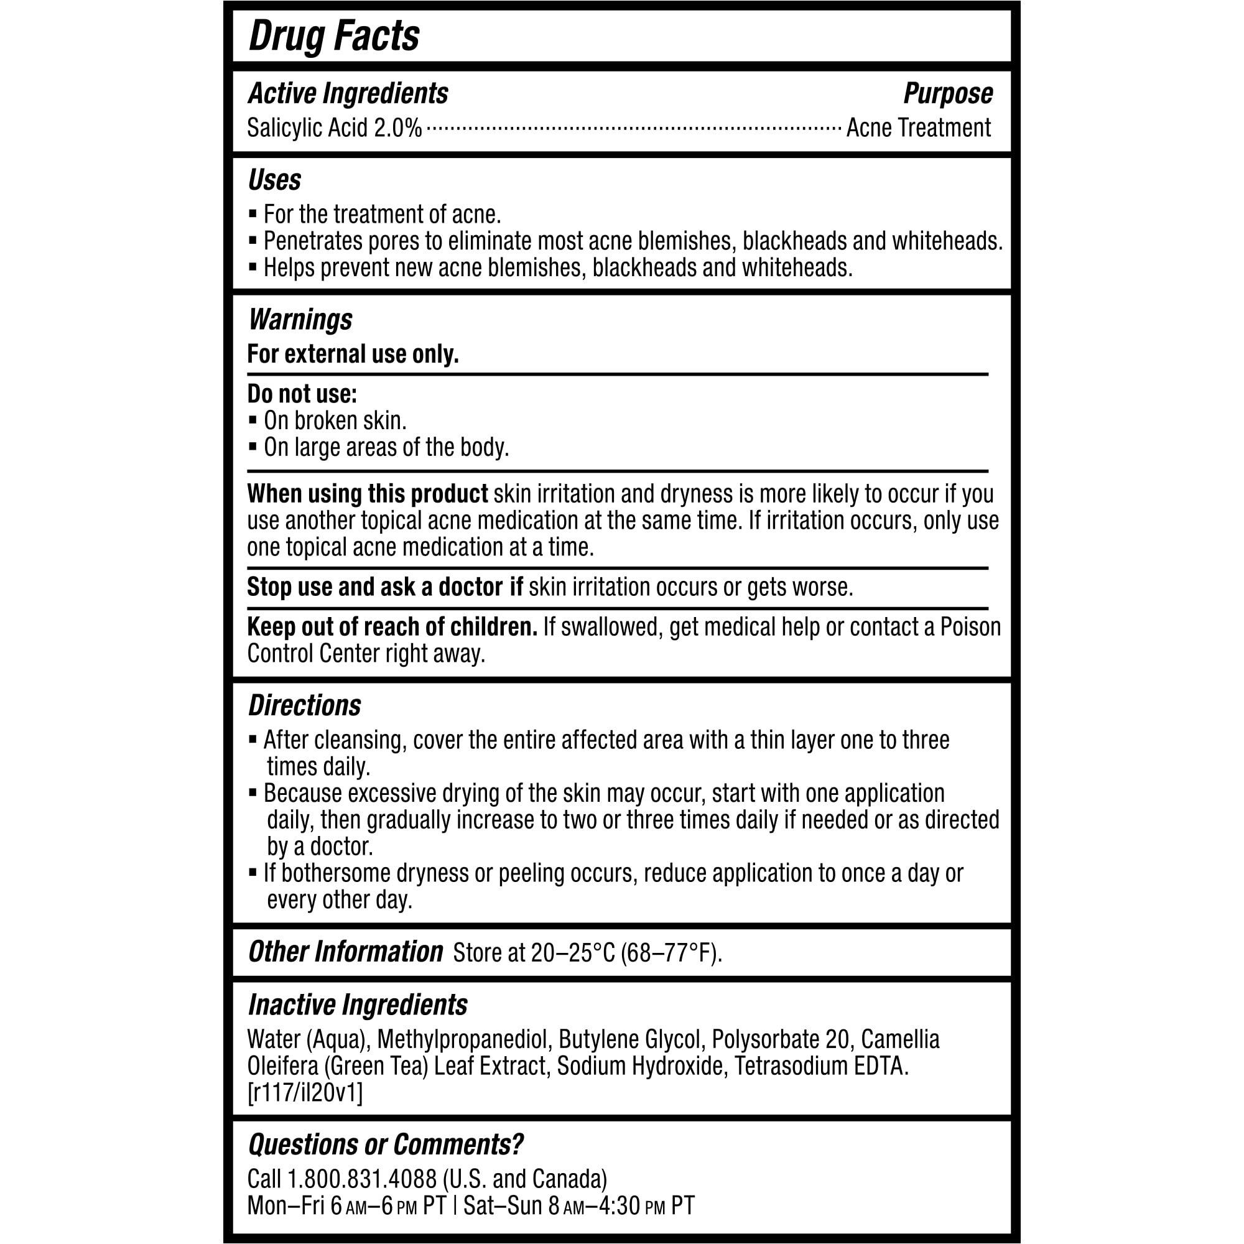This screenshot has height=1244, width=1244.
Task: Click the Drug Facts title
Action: pos(333,36)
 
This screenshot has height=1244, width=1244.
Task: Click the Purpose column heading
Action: pos(947,94)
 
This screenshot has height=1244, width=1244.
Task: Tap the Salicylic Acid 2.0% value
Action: pos(334,128)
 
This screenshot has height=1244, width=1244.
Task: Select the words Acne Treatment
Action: pos(917,128)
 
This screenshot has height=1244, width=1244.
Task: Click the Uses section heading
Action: pos(274,180)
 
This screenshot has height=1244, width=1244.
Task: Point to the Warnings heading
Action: pos(300,319)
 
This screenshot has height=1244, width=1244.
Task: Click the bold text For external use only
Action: pos(352,354)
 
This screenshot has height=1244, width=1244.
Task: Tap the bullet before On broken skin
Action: pos(253,420)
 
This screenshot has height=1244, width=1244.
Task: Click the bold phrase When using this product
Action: pos(367,494)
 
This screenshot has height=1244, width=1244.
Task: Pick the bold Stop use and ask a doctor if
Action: pos(384,587)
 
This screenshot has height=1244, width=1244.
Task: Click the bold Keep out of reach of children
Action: pos(391,627)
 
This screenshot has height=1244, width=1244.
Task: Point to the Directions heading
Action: pos(305,706)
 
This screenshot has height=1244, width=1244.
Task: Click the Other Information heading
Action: pos(345,952)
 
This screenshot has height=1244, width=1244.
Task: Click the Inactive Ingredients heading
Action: pos(358,1005)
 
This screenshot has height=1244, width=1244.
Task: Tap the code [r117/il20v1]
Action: pos(305,1093)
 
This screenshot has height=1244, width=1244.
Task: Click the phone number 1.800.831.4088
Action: pos(361,1179)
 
